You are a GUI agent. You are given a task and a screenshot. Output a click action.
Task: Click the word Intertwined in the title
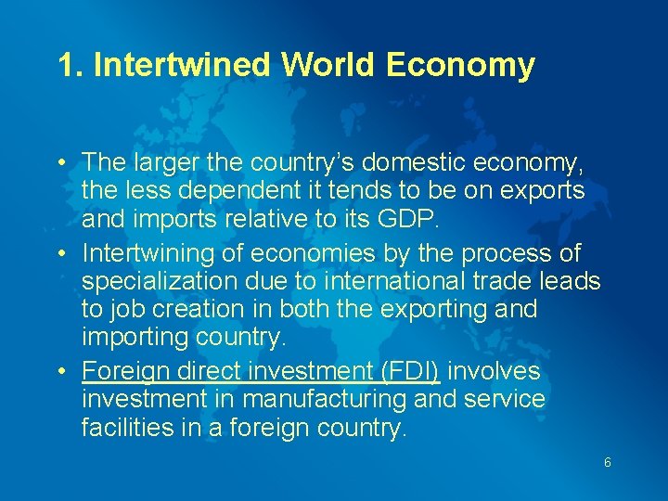pyautogui.click(x=182, y=65)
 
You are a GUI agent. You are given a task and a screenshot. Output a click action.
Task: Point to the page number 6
pyautogui.click(x=607, y=462)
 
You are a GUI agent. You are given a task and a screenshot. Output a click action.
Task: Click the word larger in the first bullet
pyautogui.click(x=171, y=163)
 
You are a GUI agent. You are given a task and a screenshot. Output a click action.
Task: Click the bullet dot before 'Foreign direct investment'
pyautogui.click(x=60, y=372)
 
